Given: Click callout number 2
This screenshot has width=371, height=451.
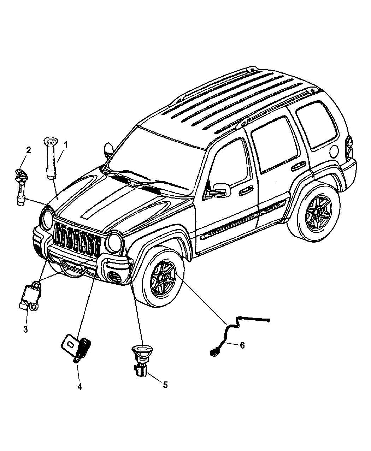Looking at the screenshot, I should click(x=28, y=150).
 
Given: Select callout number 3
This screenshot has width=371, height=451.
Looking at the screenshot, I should click(x=25, y=329).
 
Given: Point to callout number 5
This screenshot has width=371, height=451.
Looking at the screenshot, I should click(x=165, y=385).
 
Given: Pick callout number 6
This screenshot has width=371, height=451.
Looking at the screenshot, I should click(x=242, y=345).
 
